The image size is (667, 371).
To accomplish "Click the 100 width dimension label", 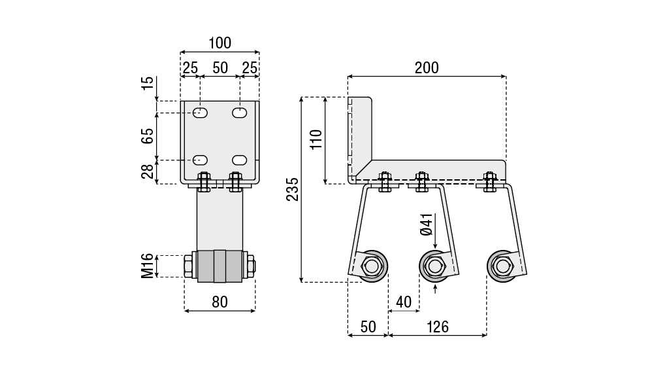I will [x=220, y=43].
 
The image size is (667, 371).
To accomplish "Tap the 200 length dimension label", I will [x=427, y=67].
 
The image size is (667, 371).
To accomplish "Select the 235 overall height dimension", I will [x=293, y=189].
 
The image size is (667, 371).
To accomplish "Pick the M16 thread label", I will [x=148, y=266].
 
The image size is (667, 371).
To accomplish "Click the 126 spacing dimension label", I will [x=437, y=327].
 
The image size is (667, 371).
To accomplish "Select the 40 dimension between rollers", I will [x=404, y=302].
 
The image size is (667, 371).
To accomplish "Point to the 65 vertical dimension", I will [x=148, y=136].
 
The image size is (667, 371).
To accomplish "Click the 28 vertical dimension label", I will [x=148, y=171].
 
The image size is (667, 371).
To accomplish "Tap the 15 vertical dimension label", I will [x=148, y=83].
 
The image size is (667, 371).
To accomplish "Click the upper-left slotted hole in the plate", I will [x=201, y=113].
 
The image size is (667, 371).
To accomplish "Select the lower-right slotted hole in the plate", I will [x=240, y=160].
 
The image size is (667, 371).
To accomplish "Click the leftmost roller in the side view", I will [x=372, y=266].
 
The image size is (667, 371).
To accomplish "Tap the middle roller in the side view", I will [x=434, y=266].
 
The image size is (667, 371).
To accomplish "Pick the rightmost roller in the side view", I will [x=502, y=266].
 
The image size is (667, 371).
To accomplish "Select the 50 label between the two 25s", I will [x=220, y=67].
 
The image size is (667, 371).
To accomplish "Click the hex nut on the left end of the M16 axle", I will [x=189, y=266].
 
